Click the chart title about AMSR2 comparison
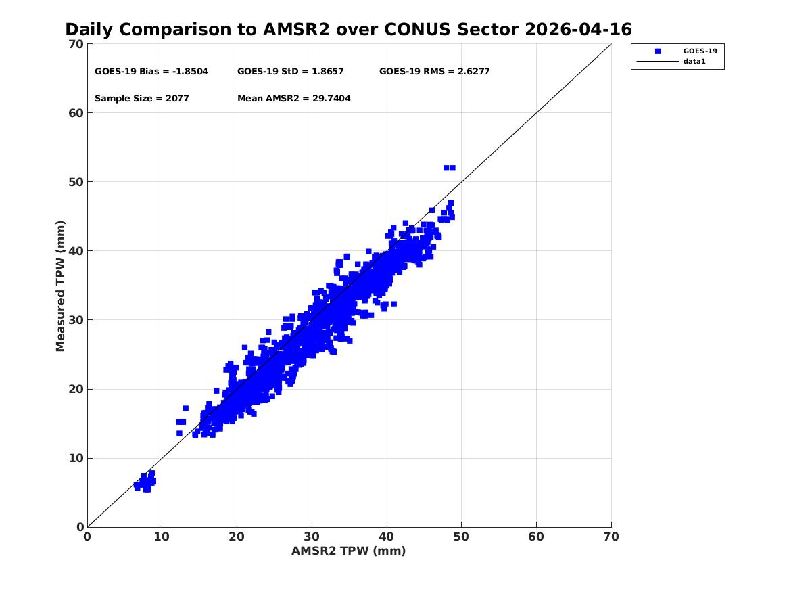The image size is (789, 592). (x=348, y=30)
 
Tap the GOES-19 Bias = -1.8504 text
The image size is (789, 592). (x=151, y=72)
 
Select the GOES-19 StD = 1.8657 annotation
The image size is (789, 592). (x=290, y=72)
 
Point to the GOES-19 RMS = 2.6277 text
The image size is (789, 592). (x=434, y=72)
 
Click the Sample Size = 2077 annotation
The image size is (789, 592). (x=142, y=99)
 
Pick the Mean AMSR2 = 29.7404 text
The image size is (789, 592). (x=294, y=99)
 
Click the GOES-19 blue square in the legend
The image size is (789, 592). (x=658, y=51)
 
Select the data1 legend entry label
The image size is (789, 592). (x=694, y=62)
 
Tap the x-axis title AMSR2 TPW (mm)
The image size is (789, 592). (x=348, y=551)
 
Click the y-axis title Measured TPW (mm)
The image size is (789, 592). (x=60, y=286)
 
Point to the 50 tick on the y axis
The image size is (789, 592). (x=76, y=182)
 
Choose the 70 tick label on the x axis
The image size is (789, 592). (x=611, y=537)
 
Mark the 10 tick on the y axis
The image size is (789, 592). (x=76, y=458)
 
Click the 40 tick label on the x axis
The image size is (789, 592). (x=387, y=537)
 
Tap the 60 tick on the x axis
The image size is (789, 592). (x=536, y=537)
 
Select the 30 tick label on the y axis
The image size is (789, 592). (x=76, y=319)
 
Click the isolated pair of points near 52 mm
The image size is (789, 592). (x=450, y=168)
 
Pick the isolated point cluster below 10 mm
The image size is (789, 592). (x=145, y=482)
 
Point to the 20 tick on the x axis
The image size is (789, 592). (x=237, y=537)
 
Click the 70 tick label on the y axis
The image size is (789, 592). (x=76, y=44)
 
